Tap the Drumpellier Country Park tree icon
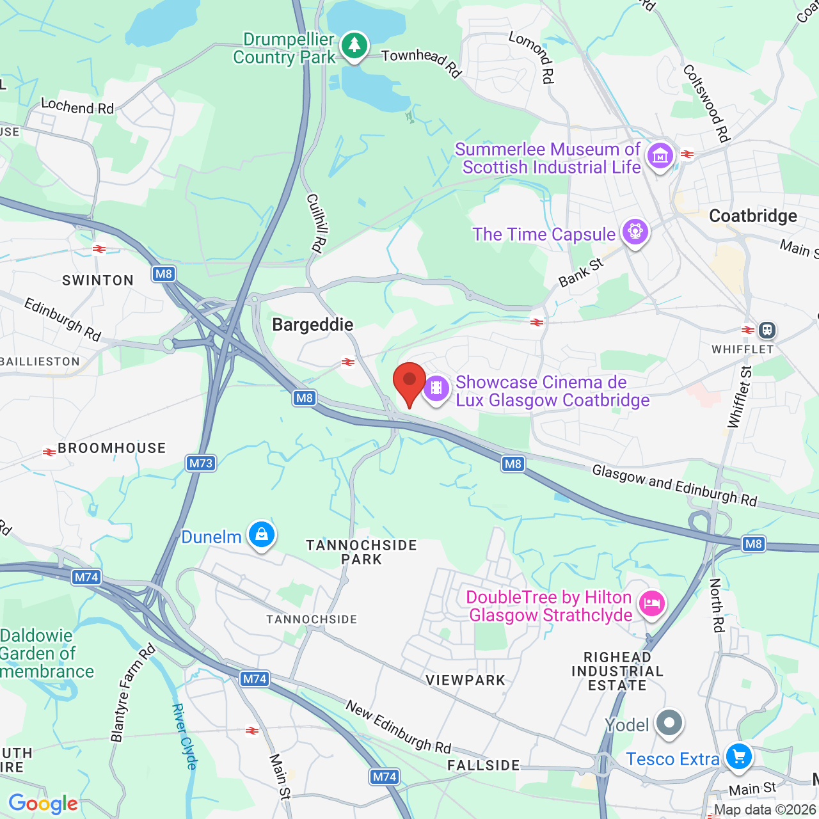click(354, 45)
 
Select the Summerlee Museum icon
click(660, 155)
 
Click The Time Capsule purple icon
click(635, 232)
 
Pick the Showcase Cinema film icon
click(436, 388)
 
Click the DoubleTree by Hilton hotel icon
click(652, 603)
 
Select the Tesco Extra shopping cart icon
click(739, 756)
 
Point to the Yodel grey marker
click(669, 723)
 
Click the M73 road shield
click(201, 463)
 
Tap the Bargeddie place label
click(313, 325)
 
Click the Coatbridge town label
click(753, 216)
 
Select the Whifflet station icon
click(767, 330)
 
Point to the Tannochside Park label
click(362, 552)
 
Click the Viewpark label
click(466, 680)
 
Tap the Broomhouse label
click(112, 449)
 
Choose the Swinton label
click(98, 280)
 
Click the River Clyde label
click(184, 736)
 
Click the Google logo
click(43, 804)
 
